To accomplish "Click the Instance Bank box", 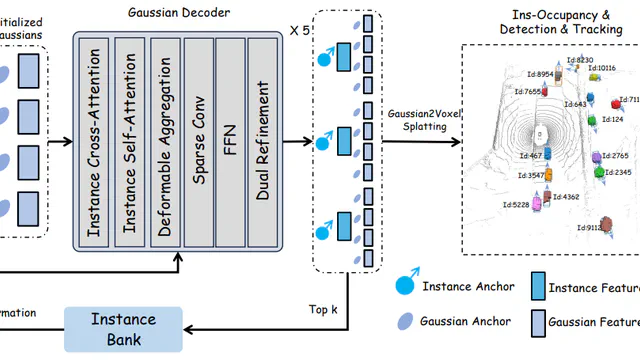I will click(124, 329).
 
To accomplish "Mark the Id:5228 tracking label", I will click(515, 205).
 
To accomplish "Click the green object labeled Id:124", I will click(592, 120).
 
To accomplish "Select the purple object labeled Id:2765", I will click(597, 157).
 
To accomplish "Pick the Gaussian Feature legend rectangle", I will click(538, 321).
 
